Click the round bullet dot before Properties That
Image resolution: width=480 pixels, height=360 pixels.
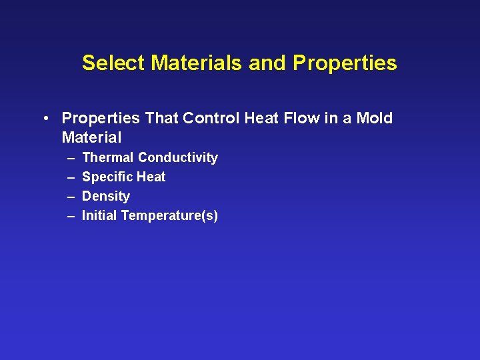[x=44, y=119]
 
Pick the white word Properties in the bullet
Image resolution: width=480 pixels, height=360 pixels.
[x=101, y=119]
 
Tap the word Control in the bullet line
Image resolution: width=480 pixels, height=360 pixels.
[x=209, y=119]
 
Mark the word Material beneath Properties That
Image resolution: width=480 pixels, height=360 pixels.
[x=91, y=138]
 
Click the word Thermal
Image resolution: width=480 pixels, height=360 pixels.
[x=108, y=158]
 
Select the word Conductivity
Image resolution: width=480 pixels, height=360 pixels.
[x=178, y=158]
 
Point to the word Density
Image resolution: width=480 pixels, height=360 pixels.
[x=106, y=197]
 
